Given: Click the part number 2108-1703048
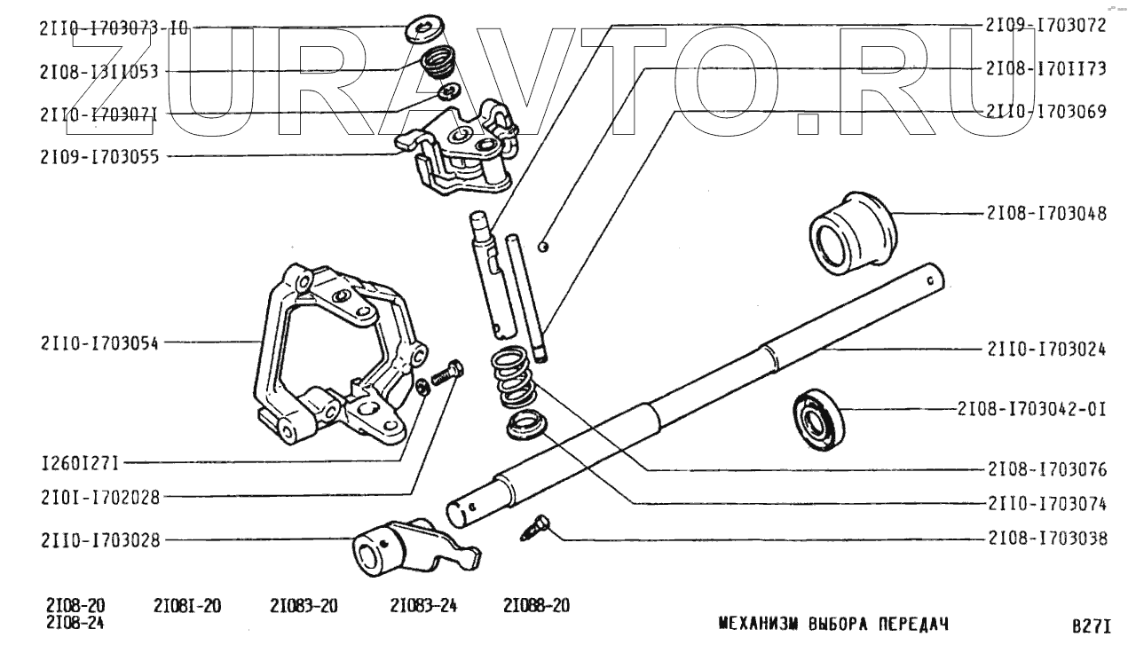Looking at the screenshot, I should pos(1045,214).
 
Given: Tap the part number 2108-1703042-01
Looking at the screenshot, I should pos(1031,410).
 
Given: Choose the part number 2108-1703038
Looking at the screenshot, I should pos(1045,539).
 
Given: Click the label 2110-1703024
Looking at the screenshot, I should pos(1045,349).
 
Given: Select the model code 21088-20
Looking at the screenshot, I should pos(536,607).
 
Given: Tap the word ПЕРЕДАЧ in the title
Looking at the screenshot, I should pos(913,624).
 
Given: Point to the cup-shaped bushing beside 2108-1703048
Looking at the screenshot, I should pos(852,227).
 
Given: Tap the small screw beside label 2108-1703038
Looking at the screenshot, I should pos(535,529).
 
